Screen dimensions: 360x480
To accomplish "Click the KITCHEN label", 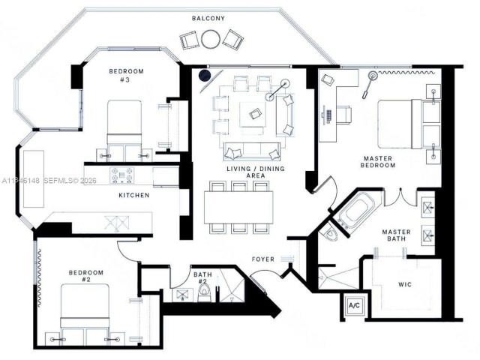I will tap(134, 195).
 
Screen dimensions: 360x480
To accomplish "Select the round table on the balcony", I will tap(211, 38).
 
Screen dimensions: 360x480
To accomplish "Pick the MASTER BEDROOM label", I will tap(379, 162).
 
